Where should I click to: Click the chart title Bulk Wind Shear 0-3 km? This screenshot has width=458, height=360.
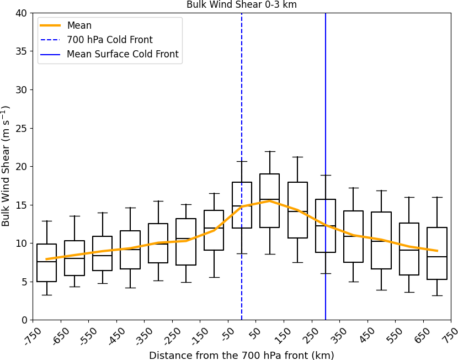pos(241,5)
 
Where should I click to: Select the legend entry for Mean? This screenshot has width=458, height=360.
pos(79,25)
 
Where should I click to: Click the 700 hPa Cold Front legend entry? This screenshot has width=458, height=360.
pos(109,40)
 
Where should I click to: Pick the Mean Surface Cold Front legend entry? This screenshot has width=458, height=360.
pos(123,54)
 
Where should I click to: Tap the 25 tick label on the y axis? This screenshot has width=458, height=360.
pos(21,128)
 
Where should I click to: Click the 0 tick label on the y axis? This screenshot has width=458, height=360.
pos(24,320)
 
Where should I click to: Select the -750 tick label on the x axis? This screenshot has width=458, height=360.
pos(35,336)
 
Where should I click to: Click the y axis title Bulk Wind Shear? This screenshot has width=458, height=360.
pos(7,166)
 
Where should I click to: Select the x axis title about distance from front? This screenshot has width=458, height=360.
pos(241,355)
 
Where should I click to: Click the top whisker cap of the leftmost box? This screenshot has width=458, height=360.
pos(47,221)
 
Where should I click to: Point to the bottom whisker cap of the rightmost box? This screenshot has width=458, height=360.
pos(437,295)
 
